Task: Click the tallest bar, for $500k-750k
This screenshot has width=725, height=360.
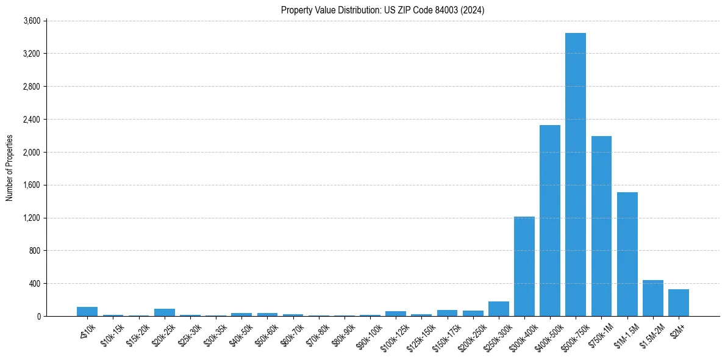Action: [576, 175]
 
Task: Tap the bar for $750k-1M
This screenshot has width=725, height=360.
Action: [601, 226]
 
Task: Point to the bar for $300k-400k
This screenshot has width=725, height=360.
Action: [524, 267]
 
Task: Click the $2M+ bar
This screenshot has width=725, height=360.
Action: [679, 303]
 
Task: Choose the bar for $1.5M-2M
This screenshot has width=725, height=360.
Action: [653, 298]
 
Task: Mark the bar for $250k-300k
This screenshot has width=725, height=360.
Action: [499, 309]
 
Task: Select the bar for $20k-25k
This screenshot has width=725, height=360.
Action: [165, 312]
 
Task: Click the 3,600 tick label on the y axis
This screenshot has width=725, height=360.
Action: [31, 21]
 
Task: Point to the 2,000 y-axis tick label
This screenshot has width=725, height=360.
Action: [31, 152]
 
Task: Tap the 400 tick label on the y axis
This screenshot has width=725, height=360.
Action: [34, 284]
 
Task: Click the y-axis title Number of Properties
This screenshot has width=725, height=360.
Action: [9, 168]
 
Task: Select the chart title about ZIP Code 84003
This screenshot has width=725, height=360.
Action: [383, 10]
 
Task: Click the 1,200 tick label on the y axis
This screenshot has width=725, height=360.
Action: [31, 218]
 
